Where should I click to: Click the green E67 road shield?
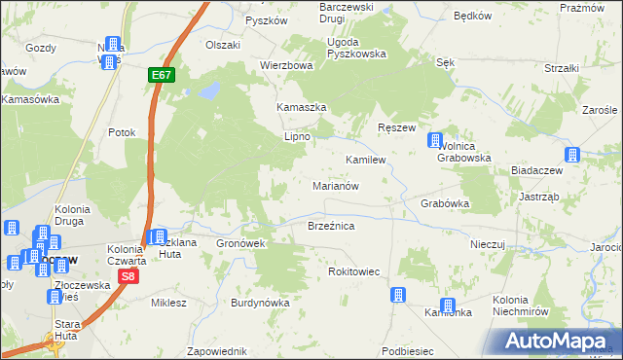tap(162, 74)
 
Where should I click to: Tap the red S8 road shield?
tap(128, 277)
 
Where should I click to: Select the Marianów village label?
tap(337, 184)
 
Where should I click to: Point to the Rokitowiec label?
tap(360, 271)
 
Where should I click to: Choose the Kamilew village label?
tap(366, 159)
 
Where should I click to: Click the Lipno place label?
tap(296, 137)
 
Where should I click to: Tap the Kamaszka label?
tap(299, 105)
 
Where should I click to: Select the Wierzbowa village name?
tap(285, 66)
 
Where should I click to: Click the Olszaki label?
tap(222, 45)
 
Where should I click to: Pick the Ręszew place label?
tap(396, 128)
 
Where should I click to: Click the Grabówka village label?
tap(446, 204)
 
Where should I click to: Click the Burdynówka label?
tap(260, 303)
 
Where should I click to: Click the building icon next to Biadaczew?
tap(572, 155)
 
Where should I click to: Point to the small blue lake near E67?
tap(207, 91)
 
